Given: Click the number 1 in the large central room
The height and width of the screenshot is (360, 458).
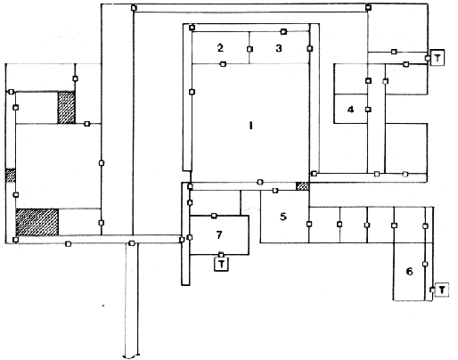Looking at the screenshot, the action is click(250, 126).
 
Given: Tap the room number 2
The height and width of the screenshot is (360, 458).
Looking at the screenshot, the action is click(220, 47).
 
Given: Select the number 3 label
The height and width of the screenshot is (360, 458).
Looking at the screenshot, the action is click(279, 48).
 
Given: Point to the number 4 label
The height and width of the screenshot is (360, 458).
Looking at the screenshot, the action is click(350, 110).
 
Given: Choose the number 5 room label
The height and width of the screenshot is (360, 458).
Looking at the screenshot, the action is click(283, 217).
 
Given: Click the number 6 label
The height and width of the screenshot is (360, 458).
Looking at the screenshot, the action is click(409, 271).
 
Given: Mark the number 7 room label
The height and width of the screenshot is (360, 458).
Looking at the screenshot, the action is click(219, 235).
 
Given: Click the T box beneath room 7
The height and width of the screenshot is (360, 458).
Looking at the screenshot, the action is click(222, 264).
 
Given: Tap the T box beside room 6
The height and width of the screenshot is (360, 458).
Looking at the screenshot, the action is click(442, 290).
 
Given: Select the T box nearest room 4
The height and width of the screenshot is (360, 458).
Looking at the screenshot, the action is click(438, 58).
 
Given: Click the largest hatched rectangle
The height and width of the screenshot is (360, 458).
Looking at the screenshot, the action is click(37, 222).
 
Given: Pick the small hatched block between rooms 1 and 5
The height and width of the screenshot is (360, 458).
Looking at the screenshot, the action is click(302, 186).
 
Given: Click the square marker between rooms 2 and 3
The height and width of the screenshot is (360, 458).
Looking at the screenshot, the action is click(249, 49).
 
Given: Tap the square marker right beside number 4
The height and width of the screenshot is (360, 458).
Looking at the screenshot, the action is click(368, 110).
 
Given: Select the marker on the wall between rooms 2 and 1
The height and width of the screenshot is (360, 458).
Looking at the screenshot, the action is click(223, 64).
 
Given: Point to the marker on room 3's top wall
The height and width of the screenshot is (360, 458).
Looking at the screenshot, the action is click(283, 31).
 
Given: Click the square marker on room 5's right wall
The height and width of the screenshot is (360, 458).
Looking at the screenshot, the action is click(309, 224).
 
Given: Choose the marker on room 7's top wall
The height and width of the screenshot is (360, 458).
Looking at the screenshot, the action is click(214, 216).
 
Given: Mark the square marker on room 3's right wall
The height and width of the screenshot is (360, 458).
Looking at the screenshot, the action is click(310, 48).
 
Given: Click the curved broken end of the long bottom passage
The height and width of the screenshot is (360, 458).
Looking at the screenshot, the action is click(131, 356).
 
